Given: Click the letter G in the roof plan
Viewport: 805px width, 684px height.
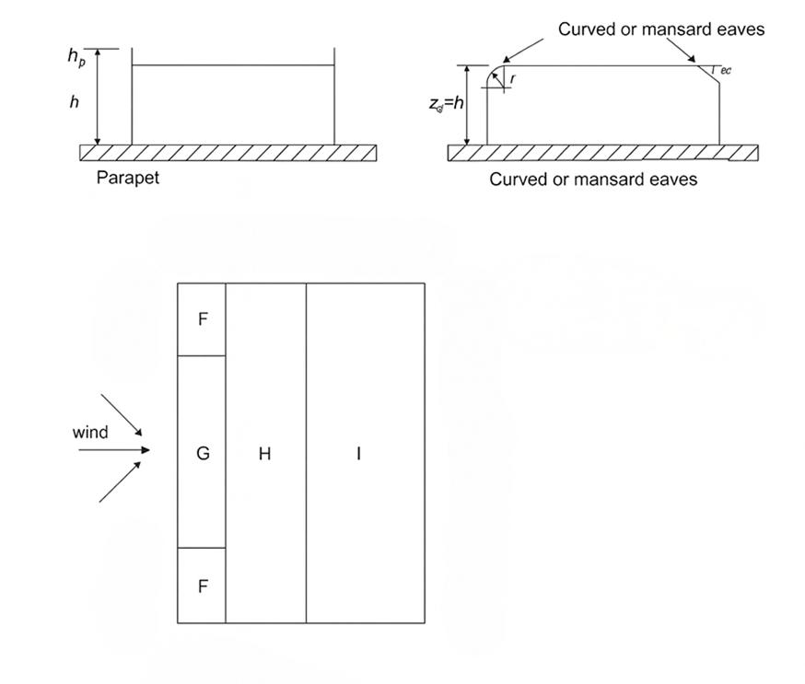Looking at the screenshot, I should [203, 453].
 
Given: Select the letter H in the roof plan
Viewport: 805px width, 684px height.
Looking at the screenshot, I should [264, 453].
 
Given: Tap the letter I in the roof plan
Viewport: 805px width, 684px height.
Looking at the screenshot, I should [358, 453].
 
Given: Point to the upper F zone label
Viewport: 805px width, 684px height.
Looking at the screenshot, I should [204, 319].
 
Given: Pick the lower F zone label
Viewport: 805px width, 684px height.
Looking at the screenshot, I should [204, 586].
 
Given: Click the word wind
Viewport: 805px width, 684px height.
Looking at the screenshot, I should [90, 432].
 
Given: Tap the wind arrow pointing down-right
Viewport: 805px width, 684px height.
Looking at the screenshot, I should [122, 415].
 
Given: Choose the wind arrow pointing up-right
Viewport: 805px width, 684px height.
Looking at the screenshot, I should [121, 481].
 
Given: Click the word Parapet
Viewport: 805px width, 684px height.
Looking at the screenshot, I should [127, 178].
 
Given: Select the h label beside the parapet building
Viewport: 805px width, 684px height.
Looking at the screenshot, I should [75, 103].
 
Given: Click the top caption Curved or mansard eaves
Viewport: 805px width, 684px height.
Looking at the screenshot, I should [661, 29].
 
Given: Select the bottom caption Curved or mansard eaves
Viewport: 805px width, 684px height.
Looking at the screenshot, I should [593, 179].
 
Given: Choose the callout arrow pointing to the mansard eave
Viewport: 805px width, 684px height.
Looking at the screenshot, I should [681, 52].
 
